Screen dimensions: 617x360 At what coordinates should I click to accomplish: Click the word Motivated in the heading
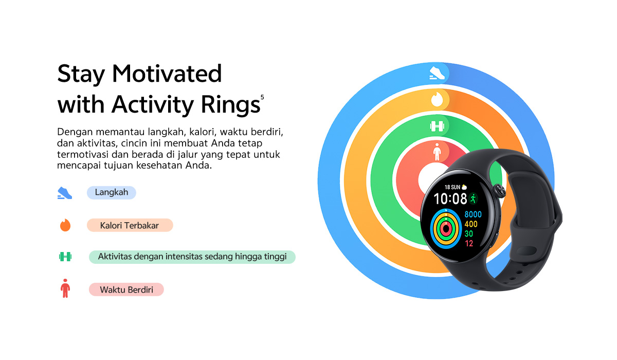click(167, 74)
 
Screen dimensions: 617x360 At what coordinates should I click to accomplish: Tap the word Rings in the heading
click(230, 105)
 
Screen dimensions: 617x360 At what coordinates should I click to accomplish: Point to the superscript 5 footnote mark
click(262, 97)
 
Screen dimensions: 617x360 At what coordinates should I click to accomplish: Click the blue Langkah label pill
click(111, 192)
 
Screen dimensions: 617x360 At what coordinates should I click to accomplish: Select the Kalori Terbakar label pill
click(130, 225)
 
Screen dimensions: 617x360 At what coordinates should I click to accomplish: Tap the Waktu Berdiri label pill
click(126, 290)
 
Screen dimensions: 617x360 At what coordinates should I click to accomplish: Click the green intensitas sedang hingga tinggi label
click(192, 257)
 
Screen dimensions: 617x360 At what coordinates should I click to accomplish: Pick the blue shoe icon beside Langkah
click(65, 193)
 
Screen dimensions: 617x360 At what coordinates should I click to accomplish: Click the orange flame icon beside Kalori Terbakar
click(65, 225)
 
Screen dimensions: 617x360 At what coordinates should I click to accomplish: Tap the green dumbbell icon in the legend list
click(65, 257)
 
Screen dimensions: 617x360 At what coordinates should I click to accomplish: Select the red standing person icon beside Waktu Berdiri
click(65, 288)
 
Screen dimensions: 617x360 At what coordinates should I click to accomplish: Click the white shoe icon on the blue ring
click(437, 73)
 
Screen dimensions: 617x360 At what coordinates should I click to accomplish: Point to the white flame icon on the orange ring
click(437, 99)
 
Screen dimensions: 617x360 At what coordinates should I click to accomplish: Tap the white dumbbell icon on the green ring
click(437, 126)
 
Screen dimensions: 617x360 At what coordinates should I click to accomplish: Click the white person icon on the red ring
click(437, 152)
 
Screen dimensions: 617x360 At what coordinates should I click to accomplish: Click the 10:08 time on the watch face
click(450, 199)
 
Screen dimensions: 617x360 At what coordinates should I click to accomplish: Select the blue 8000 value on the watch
click(473, 214)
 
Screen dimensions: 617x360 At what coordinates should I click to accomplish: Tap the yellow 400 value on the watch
click(471, 224)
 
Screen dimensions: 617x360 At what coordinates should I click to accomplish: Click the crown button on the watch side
click(499, 191)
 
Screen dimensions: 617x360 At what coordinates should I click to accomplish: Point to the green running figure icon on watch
click(474, 199)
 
